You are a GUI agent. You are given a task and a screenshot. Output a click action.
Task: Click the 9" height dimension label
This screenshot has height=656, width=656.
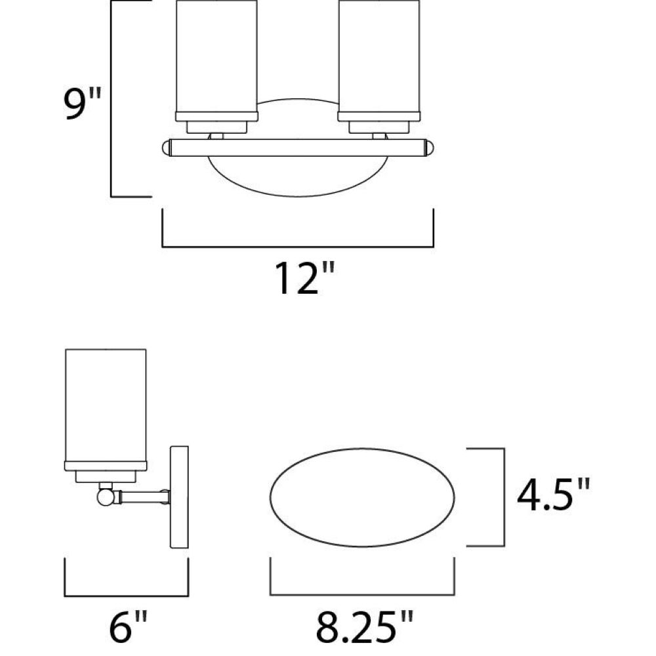click(83, 104)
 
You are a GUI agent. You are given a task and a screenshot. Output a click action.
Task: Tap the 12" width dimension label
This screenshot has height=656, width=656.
click(304, 277)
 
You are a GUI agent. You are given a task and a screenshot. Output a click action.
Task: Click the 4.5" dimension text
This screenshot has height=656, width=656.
click(553, 495)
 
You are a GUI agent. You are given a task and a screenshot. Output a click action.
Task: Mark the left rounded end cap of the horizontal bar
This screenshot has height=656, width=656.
click(167, 148)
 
